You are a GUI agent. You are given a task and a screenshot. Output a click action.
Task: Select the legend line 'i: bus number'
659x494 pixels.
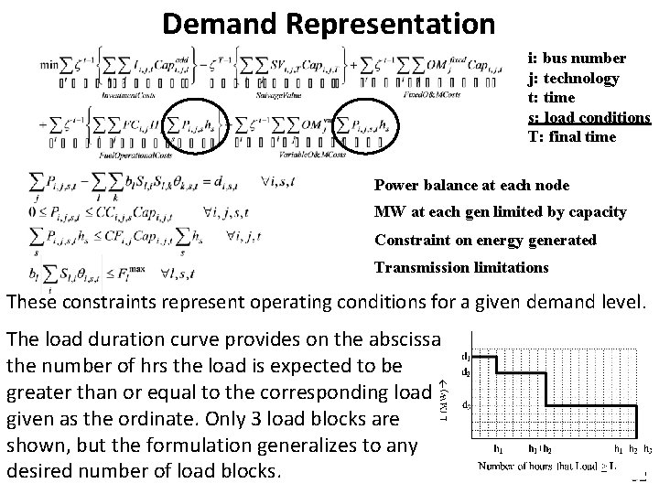click(x=577, y=58)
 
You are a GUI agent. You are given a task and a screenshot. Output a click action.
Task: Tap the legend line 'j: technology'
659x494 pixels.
click(x=574, y=79)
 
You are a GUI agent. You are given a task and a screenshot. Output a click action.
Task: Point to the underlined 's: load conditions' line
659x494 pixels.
click(x=589, y=117)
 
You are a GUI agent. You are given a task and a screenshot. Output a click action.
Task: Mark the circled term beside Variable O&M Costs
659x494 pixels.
click(x=364, y=122)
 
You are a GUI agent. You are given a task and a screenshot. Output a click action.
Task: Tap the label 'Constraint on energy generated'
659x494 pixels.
click(x=484, y=241)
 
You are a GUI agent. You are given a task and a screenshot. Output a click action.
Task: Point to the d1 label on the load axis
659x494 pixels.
click(x=467, y=356)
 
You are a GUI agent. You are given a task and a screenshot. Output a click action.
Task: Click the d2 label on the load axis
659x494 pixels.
click(x=467, y=372)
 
